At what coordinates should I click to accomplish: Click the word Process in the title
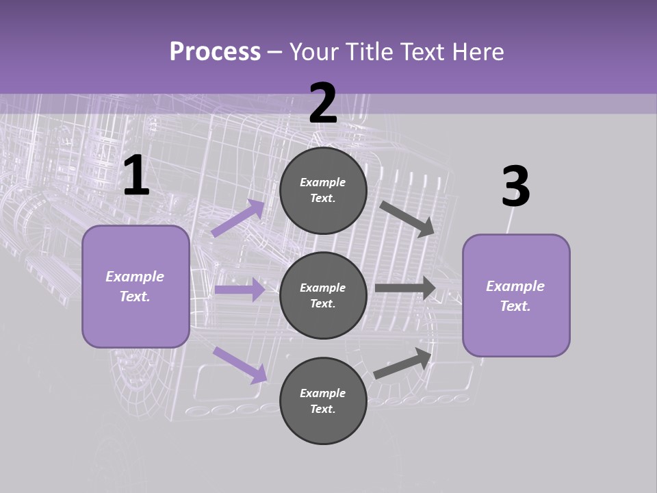click(x=215, y=52)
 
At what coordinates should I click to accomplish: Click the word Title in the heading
click(x=368, y=52)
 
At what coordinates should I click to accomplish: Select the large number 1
click(x=136, y=177)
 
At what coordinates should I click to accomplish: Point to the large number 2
click(x=323, y=104)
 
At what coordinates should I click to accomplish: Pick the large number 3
click(x=515, y=187)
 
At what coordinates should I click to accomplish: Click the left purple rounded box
click(x=136, y=286)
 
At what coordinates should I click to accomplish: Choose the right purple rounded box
click(x=516, y=295)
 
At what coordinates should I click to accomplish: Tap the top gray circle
click(x=323, y=190)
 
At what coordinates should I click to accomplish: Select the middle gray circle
click(x=323, y=295)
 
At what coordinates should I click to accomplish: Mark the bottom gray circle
click(x=323, y=401)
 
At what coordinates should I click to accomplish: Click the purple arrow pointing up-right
click(x=238, y=218)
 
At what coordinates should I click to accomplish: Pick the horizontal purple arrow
click(x=240, y=290)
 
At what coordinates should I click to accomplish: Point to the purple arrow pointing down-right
click(x=240, y=365)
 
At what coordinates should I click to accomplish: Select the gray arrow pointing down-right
click(x=407, y=218)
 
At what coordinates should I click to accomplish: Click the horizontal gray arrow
click(x=405, y=288)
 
